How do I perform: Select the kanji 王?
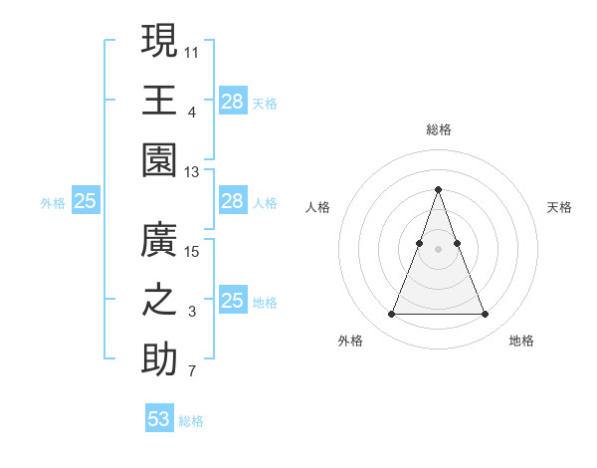pyautogui.click(x=159, y=100)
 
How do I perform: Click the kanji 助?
pyautogui.click(x=159, y=360)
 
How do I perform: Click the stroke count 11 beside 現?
pyautogui.click(x=192, y=50)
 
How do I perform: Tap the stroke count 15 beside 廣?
pyautogui.click(x=192, y=250)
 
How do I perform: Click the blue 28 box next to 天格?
pyautogui.click(x=232, y=102)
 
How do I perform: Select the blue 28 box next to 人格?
pyautogui.click(x=232, y=202)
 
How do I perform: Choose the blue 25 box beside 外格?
pyautogui.click(x=85, y=202)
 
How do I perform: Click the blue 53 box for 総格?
pyautogui.click(x=159, y=419)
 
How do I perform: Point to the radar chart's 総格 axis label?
pyautogui.click(x=438, y=129)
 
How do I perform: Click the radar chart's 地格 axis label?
pyautogui.click(x=521, y=341)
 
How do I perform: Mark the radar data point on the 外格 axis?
pyautogui.click(x=391, y=315)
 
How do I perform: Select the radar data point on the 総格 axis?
pyautogui.click(x=438, y=189)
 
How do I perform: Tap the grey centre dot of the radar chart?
pyautogui.click(x=438, y=250)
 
